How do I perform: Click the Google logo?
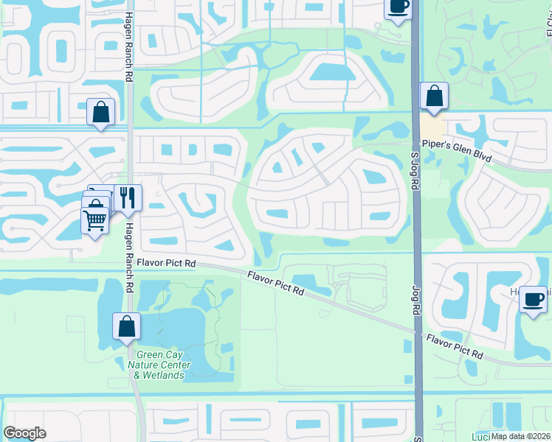pos(24,433)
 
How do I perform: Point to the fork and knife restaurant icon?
pos(128,197)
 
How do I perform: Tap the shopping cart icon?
pos(95,219)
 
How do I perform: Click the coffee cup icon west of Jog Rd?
pos(398,7)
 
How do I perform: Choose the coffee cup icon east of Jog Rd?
pos(533,300)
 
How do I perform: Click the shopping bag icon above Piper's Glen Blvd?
pos(434,96)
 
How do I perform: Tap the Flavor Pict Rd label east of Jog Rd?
pos(454,345)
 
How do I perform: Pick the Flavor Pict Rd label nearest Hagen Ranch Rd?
pos(165,263)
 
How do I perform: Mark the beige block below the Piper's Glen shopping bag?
pos(430,124)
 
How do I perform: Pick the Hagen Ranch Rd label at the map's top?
pos(129,37)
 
